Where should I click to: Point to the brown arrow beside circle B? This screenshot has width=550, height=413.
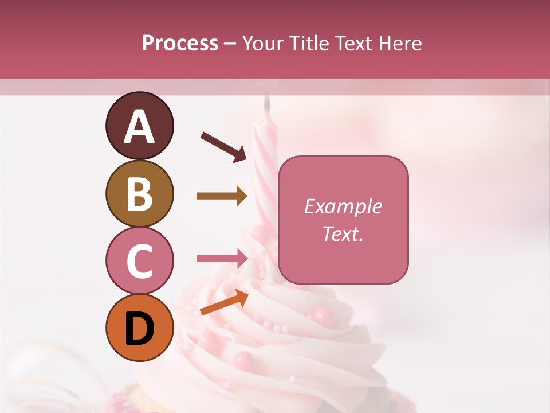[222, 196]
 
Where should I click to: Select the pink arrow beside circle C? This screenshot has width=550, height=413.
[222, 258]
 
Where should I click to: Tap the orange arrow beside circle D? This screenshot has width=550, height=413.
[224, 302]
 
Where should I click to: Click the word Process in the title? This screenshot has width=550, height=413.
[180, 44]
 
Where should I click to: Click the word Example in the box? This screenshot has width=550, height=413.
[343, 206]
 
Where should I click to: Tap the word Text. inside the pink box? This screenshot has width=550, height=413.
[343, 233]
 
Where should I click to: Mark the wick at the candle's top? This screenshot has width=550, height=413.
[267, 103]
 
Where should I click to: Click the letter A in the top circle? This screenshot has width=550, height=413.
[139, 126]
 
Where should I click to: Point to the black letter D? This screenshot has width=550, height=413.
[139, 329]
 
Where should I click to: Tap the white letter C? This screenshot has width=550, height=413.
[139, 261]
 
